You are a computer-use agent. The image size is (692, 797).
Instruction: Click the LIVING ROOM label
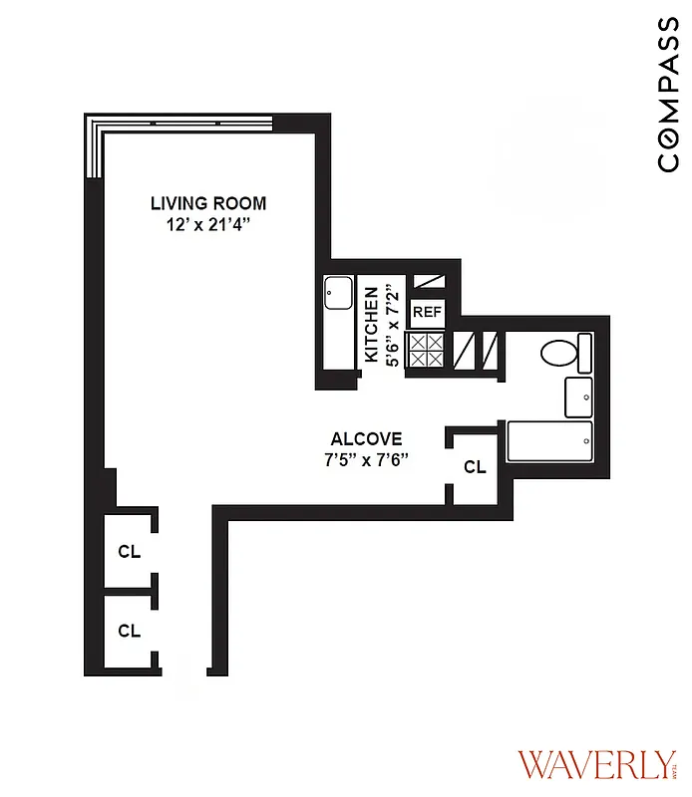pos(208,203)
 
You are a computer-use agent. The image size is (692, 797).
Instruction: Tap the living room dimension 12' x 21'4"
pos(208,225)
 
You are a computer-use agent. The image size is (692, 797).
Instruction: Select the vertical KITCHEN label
pos(371,325)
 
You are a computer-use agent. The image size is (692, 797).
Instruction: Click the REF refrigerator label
pos(427,312)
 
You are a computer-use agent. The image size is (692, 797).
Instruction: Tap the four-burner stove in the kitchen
pos(427,351)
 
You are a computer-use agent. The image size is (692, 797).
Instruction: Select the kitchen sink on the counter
pos(336,293)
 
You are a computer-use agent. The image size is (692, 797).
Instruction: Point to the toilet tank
pos(584,353)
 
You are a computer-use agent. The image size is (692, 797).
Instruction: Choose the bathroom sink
pos(578,398)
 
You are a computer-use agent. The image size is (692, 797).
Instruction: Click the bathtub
pos(549,441)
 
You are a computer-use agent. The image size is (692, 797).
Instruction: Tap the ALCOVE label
pos(367,438)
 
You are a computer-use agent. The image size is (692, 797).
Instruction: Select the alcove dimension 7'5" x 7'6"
pos(367,459)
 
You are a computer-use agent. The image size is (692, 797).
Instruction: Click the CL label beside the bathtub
pos(475,466)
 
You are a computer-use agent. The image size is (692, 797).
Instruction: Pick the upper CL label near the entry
pos(129,550)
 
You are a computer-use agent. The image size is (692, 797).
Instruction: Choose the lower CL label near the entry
pos(129,630)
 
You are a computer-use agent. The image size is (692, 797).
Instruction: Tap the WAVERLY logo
pos(594,765)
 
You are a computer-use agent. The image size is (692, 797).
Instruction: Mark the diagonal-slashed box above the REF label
pos(427,282)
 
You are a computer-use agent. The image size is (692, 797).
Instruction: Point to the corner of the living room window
pos(94,124)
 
